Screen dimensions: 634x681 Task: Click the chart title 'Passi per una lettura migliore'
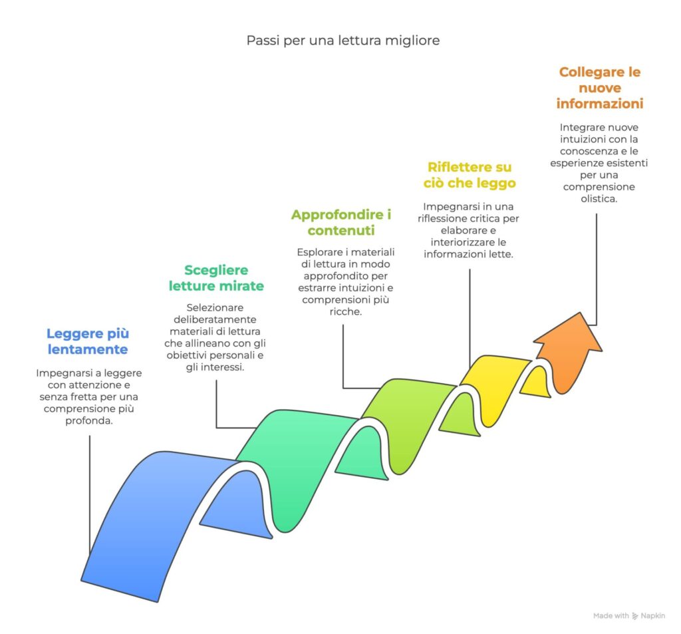pos(343,41)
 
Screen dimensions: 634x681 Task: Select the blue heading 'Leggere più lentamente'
pos(87,341)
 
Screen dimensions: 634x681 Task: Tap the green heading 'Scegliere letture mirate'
pos(216,278)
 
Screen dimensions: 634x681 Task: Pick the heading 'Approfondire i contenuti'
pos(341,223)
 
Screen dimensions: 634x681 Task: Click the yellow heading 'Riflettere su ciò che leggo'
pos(470,175)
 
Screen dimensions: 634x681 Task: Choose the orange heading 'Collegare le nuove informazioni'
pos(599,88)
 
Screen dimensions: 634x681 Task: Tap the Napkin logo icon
pos(636,616)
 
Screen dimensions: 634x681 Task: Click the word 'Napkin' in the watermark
pos(653,616)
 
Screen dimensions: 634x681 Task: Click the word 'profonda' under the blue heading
pos(88,421)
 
